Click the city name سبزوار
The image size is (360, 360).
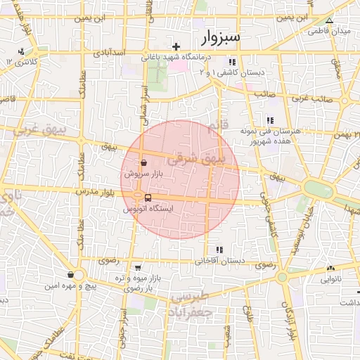pos(219,36)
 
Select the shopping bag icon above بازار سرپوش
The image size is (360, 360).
pos(143,161)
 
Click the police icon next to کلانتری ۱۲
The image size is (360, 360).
pos(22,51)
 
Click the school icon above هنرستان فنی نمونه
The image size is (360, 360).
pos(270,120)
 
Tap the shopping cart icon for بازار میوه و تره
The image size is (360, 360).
pos(138,267)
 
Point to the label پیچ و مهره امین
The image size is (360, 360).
pos(71,285)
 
